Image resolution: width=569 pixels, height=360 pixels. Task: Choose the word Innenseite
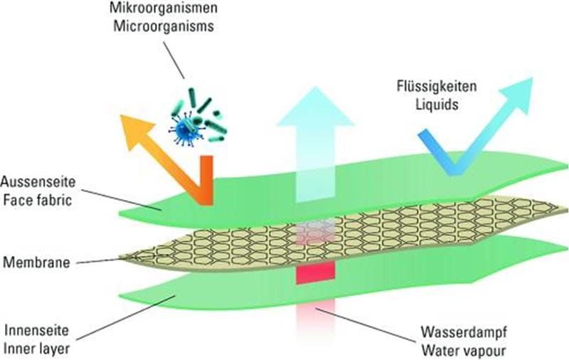[x=33, y=330]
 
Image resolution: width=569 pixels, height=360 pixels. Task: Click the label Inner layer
[x=33, y=346]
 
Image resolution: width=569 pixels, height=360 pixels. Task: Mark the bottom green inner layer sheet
[x=213, y=292]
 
